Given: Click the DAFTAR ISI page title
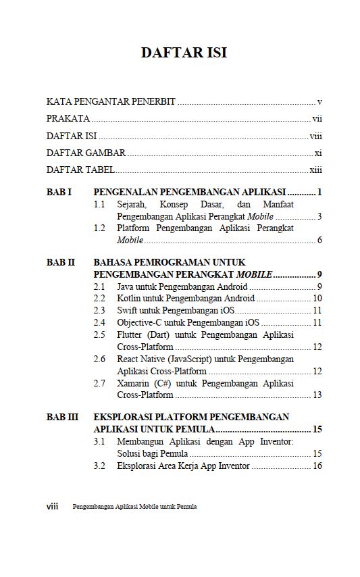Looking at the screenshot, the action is point(184,53).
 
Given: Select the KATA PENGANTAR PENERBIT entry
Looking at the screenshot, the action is point(111,102).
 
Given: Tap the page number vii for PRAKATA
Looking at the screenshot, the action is point(317,119).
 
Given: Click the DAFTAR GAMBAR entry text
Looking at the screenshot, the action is point(86,153).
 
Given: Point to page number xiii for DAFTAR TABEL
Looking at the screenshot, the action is point(315,170).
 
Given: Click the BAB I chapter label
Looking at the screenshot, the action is point(59,193).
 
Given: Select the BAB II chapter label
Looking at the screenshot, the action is point(60,261).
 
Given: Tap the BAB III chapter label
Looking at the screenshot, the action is point(62,417).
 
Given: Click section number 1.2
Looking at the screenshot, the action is point(99,228).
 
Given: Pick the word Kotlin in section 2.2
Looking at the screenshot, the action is point(128,298).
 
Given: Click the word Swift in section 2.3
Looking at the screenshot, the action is point(127,310).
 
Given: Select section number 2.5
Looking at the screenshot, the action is point(99,334).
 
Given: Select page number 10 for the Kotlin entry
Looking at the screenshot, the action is point(317,298).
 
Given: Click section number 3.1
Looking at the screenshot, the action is point(99,442).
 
